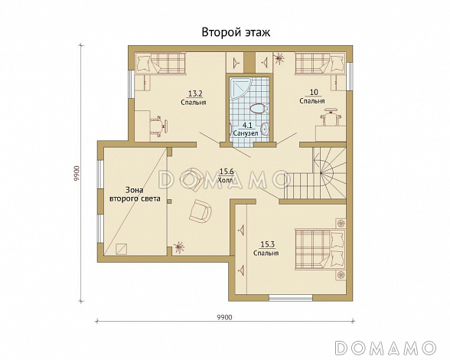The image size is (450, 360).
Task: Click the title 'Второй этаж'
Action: tap(236, 32)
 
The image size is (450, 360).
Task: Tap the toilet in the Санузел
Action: tap(259, 109)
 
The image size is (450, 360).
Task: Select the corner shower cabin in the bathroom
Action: tap(240, 89)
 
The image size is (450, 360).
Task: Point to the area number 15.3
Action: tap(268, 244)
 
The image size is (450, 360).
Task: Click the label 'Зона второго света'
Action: tap(135, 195)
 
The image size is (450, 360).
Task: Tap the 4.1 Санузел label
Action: tap(246, 129)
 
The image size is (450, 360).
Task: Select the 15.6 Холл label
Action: tap(227, 176)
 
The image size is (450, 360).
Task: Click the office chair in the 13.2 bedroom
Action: tap(158, 126)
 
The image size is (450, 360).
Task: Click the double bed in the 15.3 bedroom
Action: tap(321, 249)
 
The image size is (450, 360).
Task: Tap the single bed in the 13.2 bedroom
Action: tap(160, 63)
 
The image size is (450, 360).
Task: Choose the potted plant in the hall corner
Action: tap(179, 247)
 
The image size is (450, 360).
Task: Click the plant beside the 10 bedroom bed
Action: tap(279, 59)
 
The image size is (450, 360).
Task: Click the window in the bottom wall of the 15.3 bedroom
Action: tap(291, 298)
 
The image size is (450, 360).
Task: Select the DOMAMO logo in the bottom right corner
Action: tap(386, 347)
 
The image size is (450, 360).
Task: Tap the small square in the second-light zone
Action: tap(121, 249)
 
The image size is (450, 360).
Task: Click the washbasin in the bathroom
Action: tap(266, 129)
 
